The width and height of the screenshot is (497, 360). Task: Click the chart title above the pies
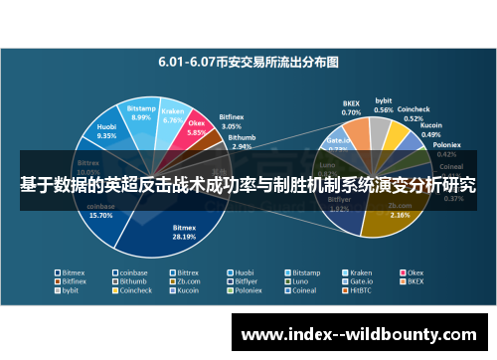(248, 61)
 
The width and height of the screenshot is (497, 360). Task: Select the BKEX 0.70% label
(351, 108)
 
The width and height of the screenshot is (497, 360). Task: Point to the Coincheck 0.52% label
(414, 111)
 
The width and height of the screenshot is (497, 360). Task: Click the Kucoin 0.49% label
(431, 131)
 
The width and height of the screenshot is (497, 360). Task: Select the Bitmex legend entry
(73, 271)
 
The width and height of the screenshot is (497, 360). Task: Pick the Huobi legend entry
(244, 271)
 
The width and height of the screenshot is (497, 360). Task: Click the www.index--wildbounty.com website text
(362, 333)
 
